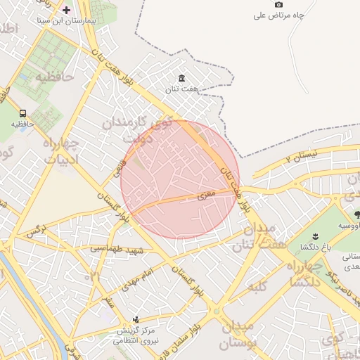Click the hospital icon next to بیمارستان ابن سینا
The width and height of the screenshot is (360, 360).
coord(67,10)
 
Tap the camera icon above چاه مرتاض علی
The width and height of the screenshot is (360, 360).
coord(278,4)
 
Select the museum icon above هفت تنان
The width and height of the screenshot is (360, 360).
coord(182,77)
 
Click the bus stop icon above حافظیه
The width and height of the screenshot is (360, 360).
coord(23,113)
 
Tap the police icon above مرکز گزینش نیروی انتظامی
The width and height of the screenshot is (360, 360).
coord(136,319)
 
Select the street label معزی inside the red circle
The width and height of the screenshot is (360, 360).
coord(205,196)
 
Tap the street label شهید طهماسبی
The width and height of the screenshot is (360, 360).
coord(117,248)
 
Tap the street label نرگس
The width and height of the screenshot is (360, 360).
coord(36,229)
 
